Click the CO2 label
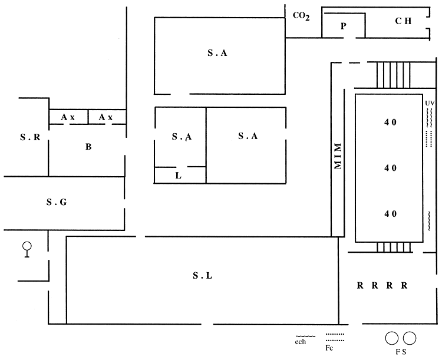[x=301, y=16]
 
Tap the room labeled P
[x=344, y=27]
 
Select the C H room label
[x=403, y=21]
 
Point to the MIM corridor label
[x=338, y=157]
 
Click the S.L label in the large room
[x=202, y=275]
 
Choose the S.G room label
[x=57, y=203]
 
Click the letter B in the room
[x=88, y=147]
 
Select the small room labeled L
[x=179, y=176]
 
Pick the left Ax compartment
[x=68, y=117]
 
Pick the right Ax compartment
[x=106, y=117]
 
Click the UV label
[x=429, y=103]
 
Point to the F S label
[x=400, y=352]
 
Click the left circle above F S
[x=391, y=338]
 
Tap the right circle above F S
[x=409, y=338]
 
